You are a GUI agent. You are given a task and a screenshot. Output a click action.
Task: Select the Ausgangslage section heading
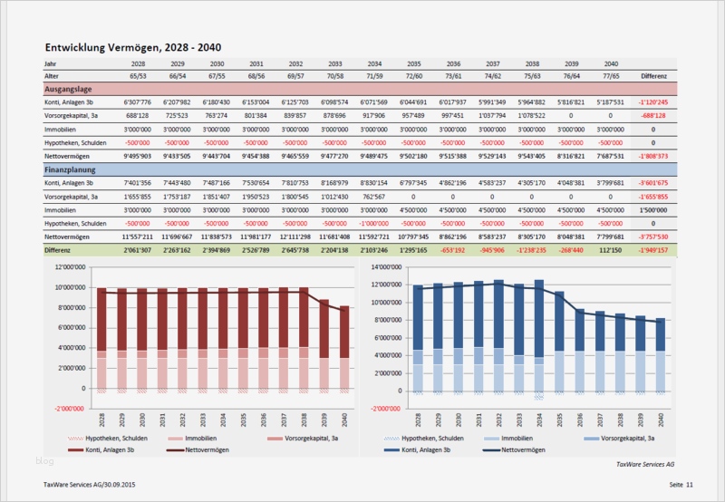pyautogui.click(x=72, y=90)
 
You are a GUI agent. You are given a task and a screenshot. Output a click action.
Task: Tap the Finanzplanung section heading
pyautogui.click(x=72, y=169)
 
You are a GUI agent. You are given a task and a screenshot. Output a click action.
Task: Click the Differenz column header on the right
pyautogui.click(x=653, y=77)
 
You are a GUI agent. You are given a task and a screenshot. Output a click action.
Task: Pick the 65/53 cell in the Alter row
pyautogui.click(x=138, y=77)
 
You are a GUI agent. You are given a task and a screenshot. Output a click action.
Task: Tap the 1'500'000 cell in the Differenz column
pyautogui.click(x=653, y=209)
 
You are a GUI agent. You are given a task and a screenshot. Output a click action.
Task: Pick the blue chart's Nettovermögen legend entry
pyautogui.click(x=527, y=449)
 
